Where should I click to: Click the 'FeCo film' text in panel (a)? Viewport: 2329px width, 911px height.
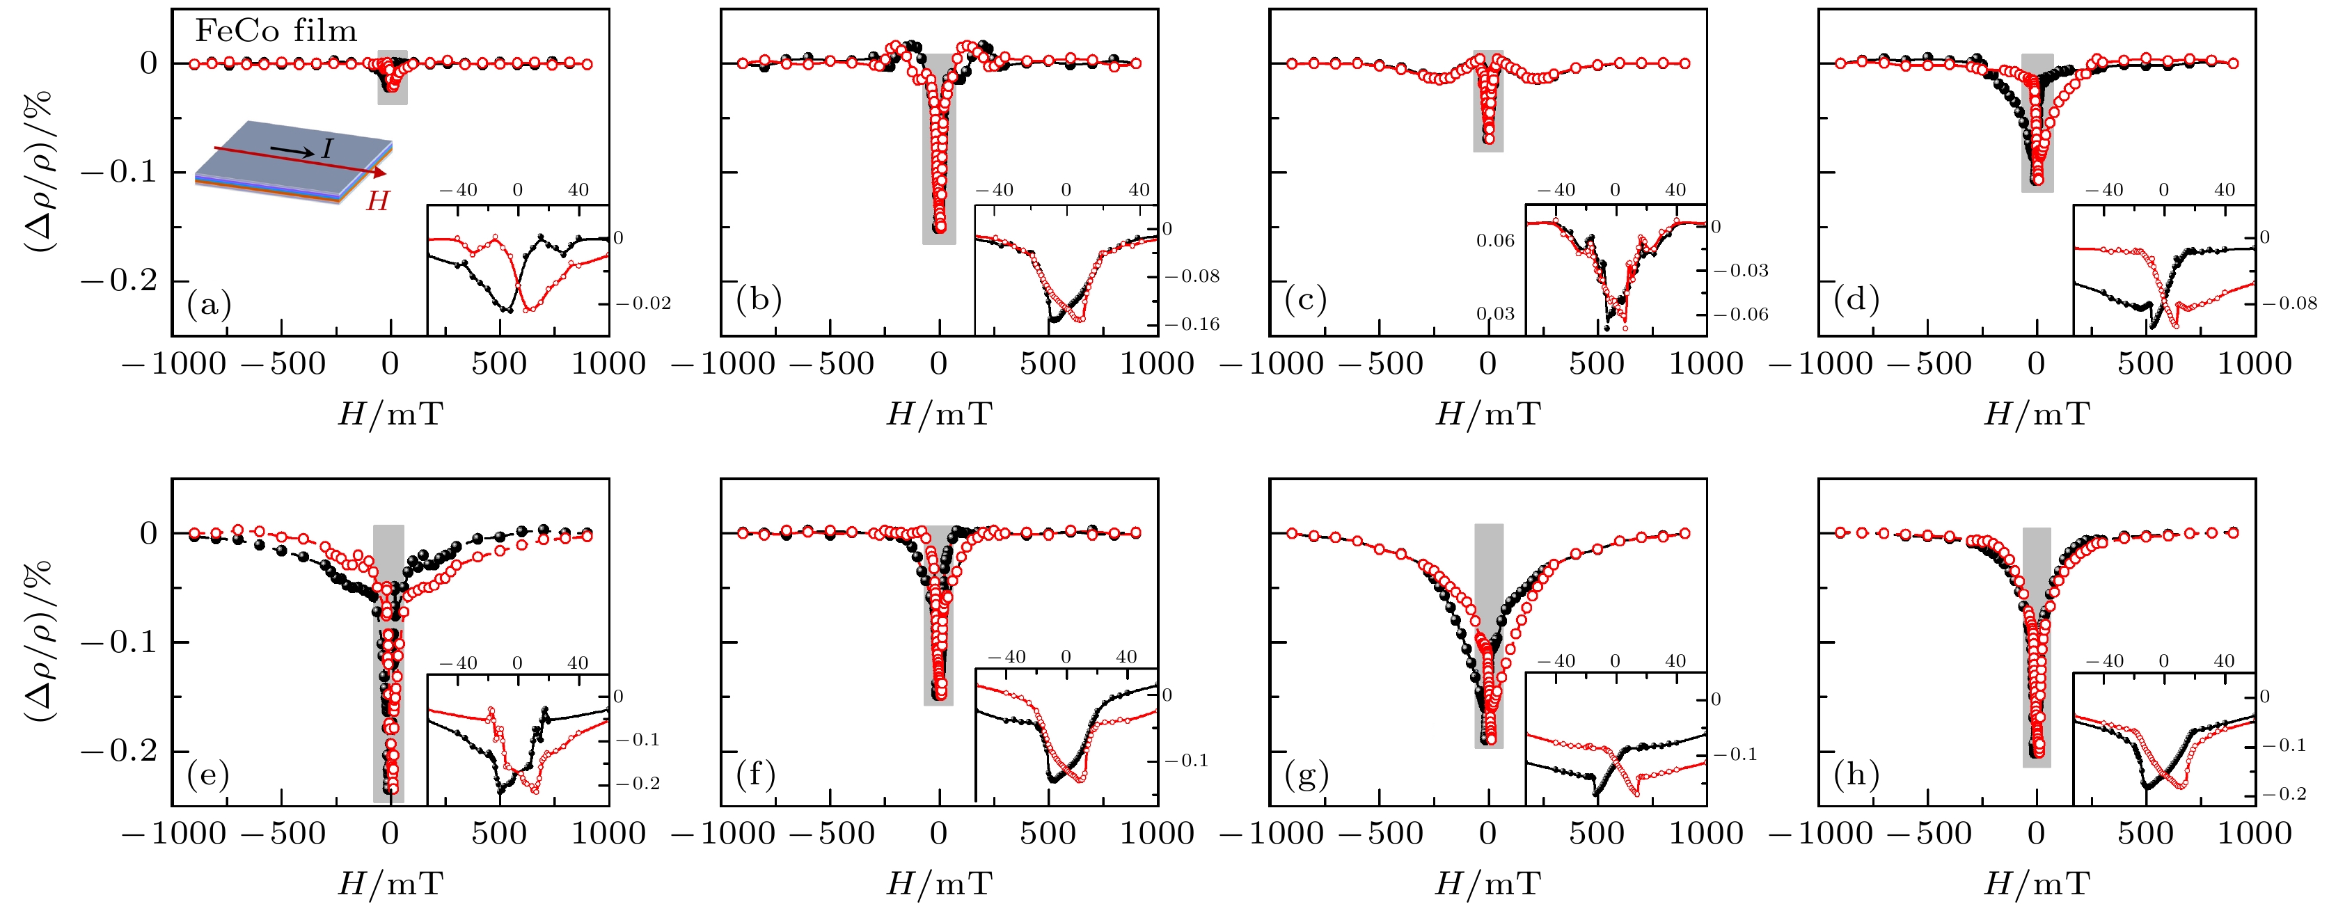[x=276, y=31]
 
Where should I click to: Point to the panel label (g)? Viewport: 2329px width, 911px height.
[x=1306, y=775]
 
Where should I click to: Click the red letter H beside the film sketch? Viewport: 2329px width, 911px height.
[x=377, y=200]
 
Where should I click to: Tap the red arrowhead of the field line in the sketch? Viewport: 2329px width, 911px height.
[x=380, y=172]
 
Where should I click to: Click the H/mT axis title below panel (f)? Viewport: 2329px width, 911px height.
[x=940, y=883]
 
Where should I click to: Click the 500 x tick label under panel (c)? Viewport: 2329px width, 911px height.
[x=1597, y=363]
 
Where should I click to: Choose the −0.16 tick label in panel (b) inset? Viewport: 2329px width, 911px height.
[x=1192, y=324]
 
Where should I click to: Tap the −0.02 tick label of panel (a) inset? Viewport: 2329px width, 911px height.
[x=644, y=303]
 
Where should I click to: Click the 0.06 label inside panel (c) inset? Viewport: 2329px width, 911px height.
[x=1495, y=240]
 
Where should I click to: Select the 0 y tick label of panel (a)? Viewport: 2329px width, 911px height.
[x=148, y=63]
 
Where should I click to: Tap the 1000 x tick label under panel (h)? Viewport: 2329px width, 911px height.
[x=2255, y=833]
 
